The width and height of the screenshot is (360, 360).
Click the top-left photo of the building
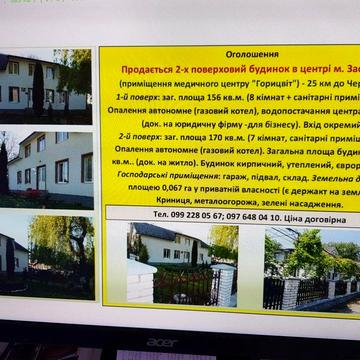coord(46,82)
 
